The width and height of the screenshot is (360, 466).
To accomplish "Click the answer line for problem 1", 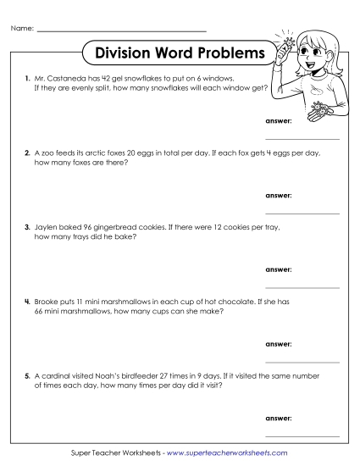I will click(x=302, y=138).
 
